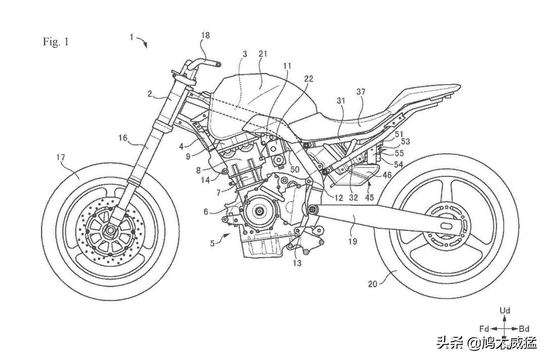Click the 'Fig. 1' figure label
(x=55, y=42)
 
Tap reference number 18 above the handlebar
(x=205, y=35)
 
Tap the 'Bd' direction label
(x=524, y=329)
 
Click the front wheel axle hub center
(x=109, y=232)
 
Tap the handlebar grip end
(x=218, y=63)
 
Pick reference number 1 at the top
(x=132, y=36)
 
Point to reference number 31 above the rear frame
(x=340, y=101)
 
